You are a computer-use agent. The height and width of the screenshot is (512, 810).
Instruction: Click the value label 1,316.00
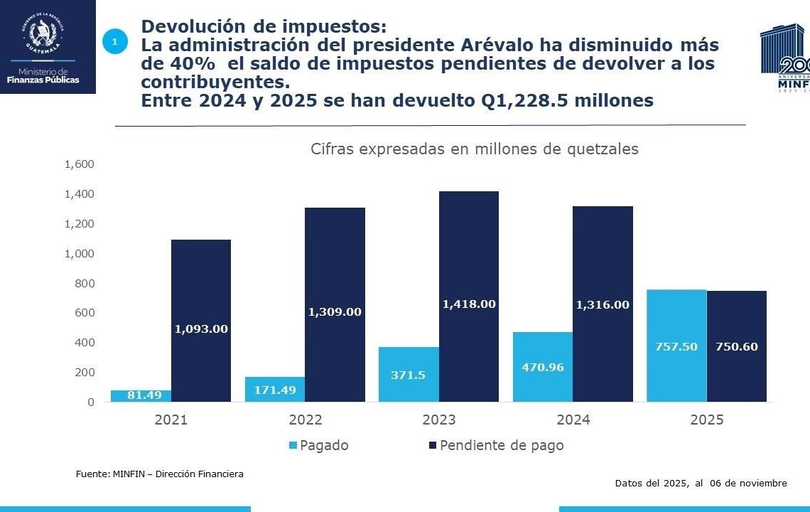(603, 304)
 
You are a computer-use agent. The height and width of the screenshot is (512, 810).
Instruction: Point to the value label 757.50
(676, 347)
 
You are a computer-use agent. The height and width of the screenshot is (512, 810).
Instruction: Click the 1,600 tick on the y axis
(79, 164)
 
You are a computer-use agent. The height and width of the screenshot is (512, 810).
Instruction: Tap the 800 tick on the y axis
(84, 283)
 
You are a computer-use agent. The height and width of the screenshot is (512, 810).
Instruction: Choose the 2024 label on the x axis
(573, 420)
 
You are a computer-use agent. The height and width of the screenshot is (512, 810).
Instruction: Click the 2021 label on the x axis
(171, 420)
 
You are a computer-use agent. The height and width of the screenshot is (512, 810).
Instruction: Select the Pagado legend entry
(318, 446)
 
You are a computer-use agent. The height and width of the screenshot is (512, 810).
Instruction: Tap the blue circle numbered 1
(114, 42)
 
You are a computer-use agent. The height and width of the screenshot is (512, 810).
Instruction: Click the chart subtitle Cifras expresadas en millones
(474, 149)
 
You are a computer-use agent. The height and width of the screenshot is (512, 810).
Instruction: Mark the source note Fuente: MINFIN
(159, 474)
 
